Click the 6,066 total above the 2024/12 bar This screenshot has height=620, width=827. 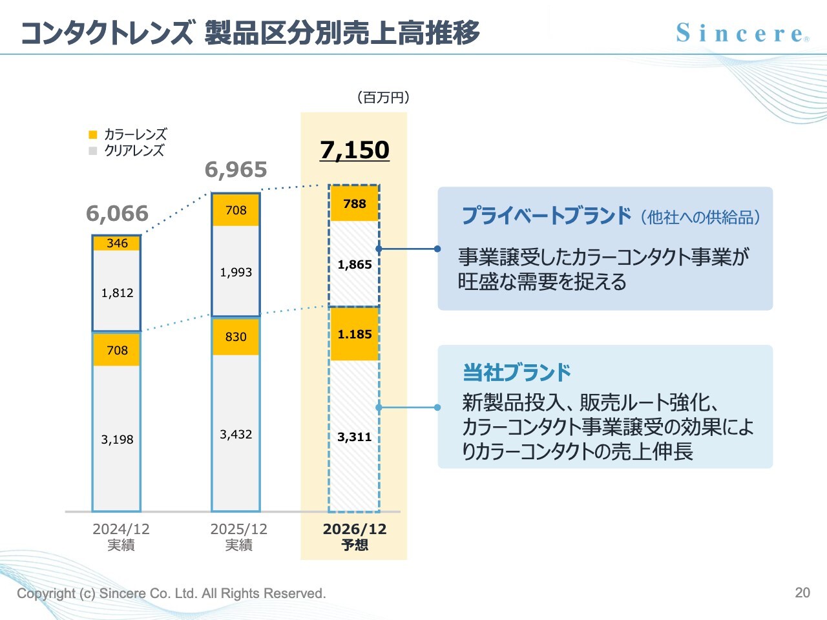(117, 213)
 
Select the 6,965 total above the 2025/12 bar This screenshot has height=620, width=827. (236, 170)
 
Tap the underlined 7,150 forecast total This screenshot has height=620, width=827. (355, 150)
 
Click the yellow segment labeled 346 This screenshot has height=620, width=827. (117, 243)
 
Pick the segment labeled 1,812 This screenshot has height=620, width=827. (117, 293)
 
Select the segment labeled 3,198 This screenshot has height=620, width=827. (117, 439)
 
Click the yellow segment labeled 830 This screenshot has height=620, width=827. (236, 336)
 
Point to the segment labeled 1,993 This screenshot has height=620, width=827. (236, 272)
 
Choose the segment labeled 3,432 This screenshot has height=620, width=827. (236, 434)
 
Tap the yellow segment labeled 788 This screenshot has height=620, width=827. (354, 203)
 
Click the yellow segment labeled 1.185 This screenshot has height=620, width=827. (354, 334)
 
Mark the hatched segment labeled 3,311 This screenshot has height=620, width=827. (354, 437)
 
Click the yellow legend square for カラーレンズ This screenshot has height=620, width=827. (93, 134)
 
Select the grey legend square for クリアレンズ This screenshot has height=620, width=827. (93, 150)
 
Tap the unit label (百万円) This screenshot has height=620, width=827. (383, 98)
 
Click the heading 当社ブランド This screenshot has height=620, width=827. (517, 373)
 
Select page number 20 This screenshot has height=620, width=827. (802, 592)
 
